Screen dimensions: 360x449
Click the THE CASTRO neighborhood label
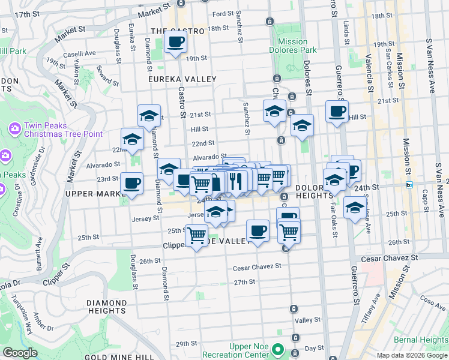(x=173, y=31)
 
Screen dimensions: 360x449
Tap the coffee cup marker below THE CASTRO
(x=175, y=42)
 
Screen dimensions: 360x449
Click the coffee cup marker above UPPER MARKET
(x=131, y=183)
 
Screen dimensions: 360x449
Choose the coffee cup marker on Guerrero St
(x=337, y=111)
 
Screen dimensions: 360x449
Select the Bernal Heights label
(x=425, y=340)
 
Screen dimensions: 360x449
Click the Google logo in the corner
(x=20, y=353)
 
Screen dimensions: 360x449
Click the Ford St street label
(x=223, y=13)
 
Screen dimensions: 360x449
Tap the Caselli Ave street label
(x=81, y=53)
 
